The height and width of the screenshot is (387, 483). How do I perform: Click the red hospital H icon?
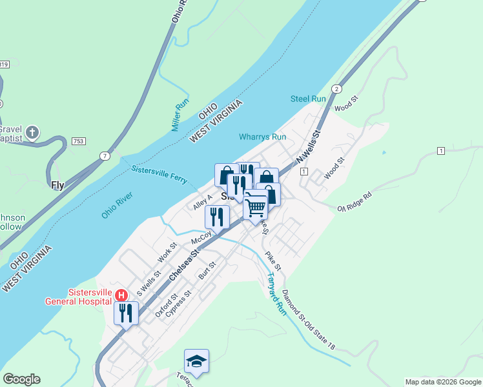(x=121, y=295)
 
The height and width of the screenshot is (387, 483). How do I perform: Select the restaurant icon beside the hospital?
(x=125, y=313)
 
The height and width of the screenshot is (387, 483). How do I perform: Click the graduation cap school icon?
(x=196, y=361)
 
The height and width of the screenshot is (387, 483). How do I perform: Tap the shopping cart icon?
(x=256, y=207)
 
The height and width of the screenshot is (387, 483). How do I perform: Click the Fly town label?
(x=57, y=185)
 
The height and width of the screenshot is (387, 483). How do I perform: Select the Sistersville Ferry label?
(x=159, y=174)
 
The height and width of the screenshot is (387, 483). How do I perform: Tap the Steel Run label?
(x=308, y=99)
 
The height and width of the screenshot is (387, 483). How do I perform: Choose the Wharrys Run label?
(x=262, y=137)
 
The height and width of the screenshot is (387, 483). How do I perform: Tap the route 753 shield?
(x=79, y=141)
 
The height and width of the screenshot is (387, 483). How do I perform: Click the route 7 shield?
(x=104, y=155)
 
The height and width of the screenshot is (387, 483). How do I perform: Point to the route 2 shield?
(x=336, y=88)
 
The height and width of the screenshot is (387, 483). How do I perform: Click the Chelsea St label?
(x=185, y=265)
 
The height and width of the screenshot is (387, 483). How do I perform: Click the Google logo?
(x=21, y=379)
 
